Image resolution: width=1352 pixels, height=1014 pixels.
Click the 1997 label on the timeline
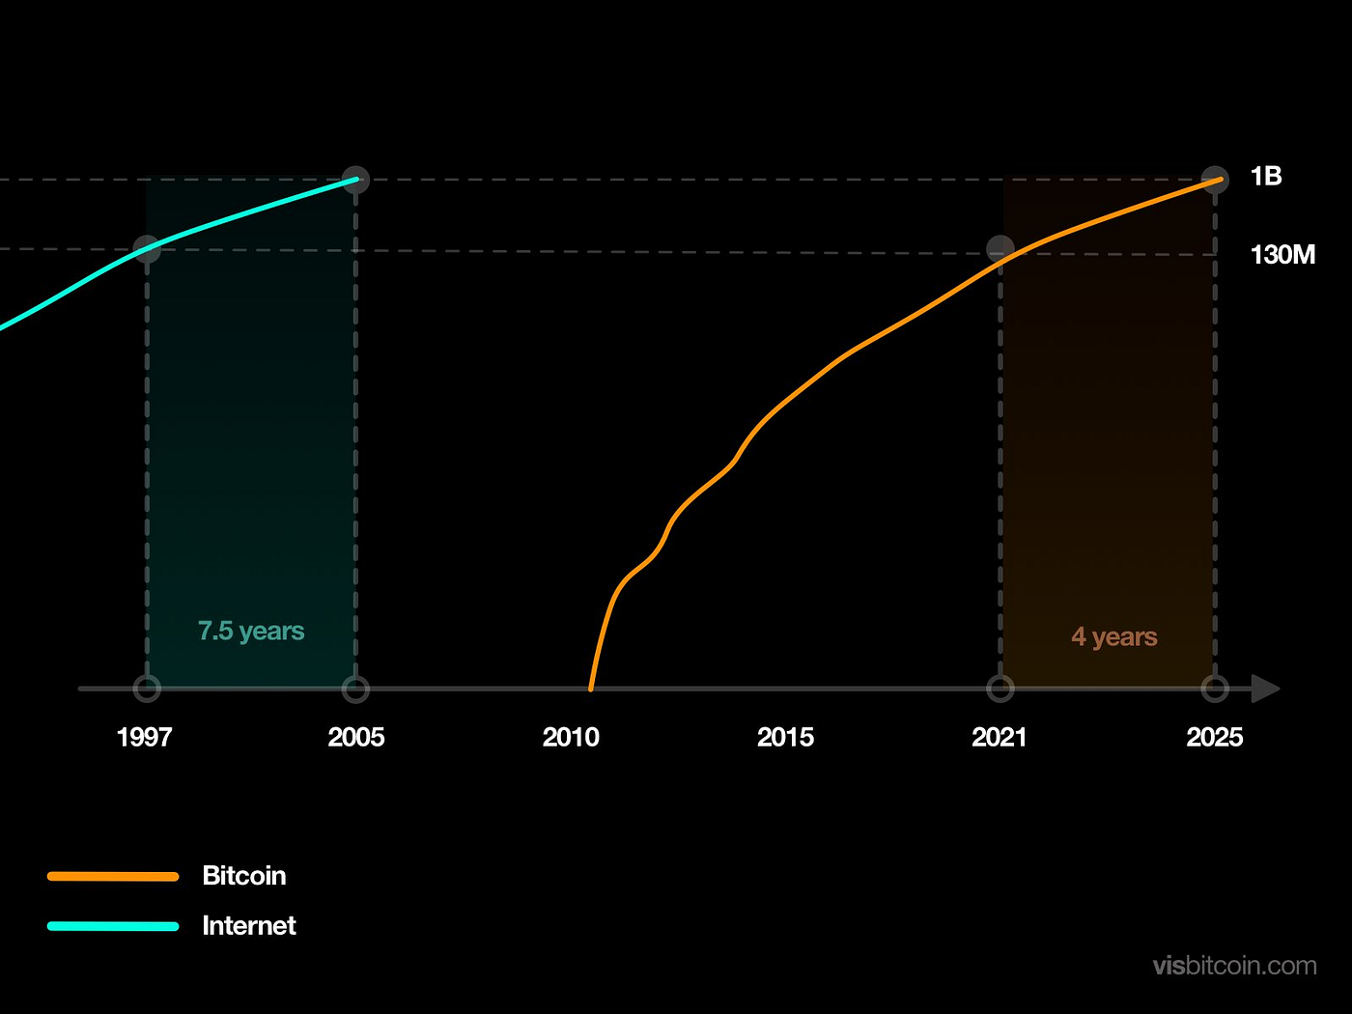click(144, 738)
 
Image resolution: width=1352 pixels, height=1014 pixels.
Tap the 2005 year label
click(356, 738)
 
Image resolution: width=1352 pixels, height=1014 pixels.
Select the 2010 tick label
click(571, 738)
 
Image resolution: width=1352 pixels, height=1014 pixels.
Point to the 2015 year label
click(785, 738)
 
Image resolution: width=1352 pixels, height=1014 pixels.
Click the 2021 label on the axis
click(1000, 738)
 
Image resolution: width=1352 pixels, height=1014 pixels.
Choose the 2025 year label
click(1214, 738)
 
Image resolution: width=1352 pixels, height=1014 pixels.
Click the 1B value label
click(1266, 177)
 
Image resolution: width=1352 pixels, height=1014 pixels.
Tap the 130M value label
click(1282, 255)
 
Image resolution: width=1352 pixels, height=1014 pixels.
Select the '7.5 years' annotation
click(251, 632)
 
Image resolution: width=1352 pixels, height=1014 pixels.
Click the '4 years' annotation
click(1114, 637)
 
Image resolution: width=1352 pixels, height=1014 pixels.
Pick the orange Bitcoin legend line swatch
click(113, 877)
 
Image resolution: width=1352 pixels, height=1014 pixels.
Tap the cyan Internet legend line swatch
click(113, 926)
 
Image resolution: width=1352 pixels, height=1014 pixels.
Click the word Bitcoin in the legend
click(244, 876)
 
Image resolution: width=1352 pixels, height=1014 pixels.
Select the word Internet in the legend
click(249, 926)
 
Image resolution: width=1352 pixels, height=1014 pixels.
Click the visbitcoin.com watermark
click(1234, 966)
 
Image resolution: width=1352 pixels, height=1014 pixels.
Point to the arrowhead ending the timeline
click(1265, 690)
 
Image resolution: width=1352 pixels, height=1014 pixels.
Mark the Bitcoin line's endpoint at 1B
click(1216, 180)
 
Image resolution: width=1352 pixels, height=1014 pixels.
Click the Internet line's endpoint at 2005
click(356, 180)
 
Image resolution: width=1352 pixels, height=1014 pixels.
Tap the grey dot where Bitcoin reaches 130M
click(1000, 249)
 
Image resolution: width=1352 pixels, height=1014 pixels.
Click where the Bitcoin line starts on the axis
click(591, 689)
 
